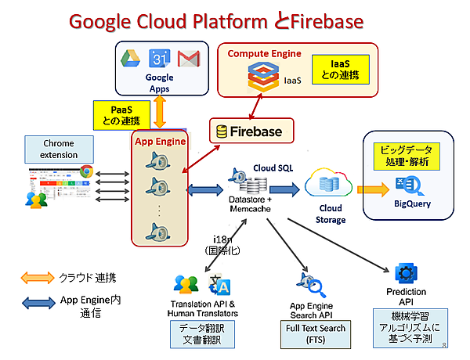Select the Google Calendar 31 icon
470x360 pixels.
pos(160,59)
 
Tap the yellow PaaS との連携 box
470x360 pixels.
pos(121,114)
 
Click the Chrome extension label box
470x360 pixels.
pos(59,149)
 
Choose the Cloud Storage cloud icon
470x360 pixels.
pos(325,185)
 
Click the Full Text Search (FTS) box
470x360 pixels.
pos(315,333)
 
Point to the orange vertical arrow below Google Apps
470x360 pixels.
pos(160,112)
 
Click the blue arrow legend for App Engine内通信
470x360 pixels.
pos(44,301)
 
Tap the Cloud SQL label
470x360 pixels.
pos(272,167)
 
